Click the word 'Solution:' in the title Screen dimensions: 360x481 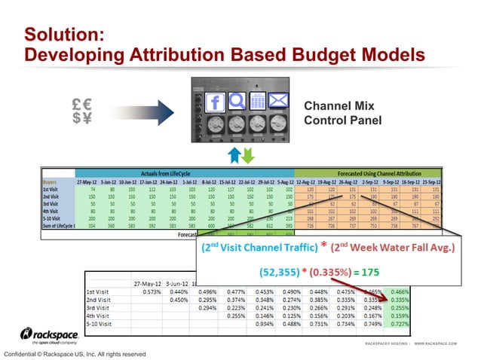(x=63, y=35)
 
